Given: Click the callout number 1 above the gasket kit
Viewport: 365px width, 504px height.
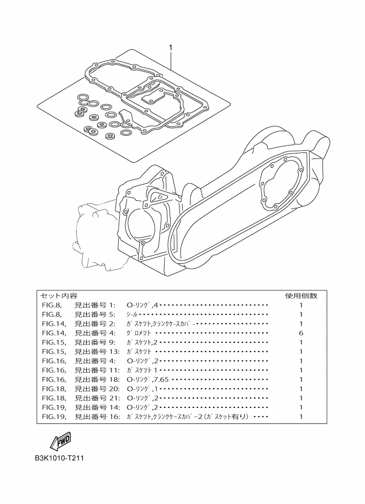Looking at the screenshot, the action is point(171,48).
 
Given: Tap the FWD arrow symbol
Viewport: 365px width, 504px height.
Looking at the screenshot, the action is point(60,442).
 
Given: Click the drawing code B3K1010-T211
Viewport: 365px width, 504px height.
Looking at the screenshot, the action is point(60,458).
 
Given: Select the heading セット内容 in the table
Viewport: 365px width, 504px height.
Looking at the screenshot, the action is point(59,296).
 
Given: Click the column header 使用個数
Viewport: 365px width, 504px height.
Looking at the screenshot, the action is point(301,296).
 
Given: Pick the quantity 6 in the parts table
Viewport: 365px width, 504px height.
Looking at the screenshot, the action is point(301,333).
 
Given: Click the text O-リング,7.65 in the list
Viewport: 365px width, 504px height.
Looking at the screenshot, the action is point(148,379).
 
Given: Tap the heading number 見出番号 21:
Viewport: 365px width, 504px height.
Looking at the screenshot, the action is point(97,398).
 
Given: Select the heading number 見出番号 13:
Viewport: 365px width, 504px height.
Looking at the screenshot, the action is point(97,351).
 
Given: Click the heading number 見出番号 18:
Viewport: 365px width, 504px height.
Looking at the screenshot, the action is point(97,379).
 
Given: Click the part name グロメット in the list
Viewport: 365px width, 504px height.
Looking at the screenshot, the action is point(139,333).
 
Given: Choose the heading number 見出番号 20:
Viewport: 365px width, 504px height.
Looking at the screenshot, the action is point(97,389).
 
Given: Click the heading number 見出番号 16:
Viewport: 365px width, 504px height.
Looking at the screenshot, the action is point(97,417).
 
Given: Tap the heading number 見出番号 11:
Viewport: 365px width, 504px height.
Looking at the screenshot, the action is point(97,370).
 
